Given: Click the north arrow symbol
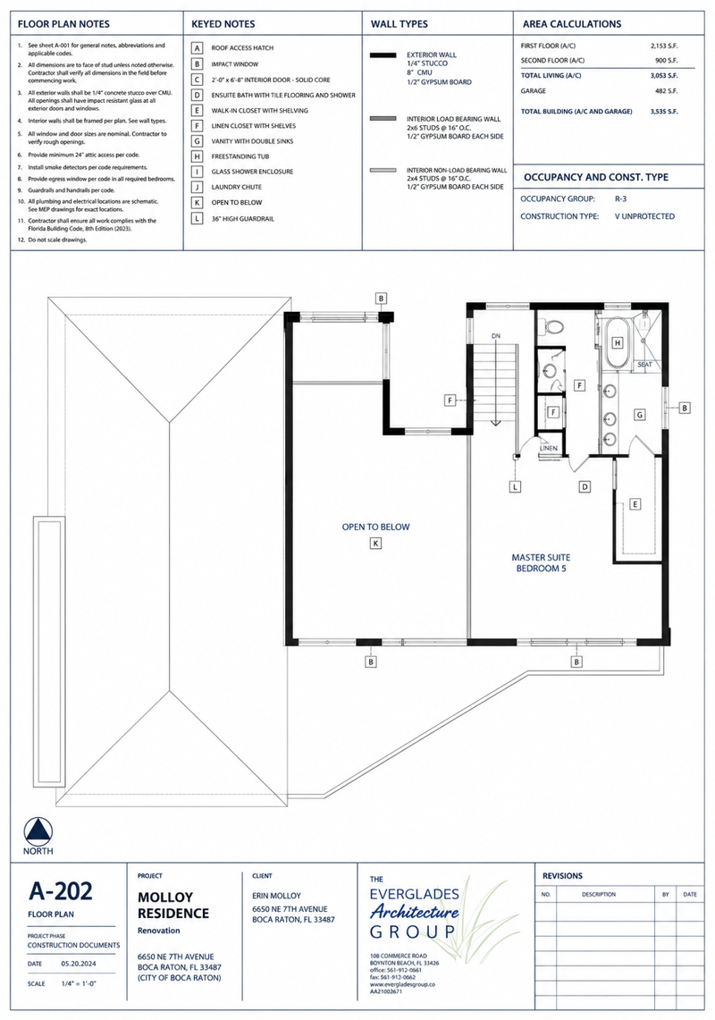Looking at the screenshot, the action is pyautogui.click(x=38, y=831).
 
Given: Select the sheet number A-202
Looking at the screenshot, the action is pyautogui.click(x=61, y=890).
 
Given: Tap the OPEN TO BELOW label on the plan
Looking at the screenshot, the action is pyautogui.click(x=376, y=527).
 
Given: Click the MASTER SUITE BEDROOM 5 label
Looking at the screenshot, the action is pyautogui.click(x=541, y=562).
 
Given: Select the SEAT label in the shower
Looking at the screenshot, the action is pyautogui.click(x=644, y=365).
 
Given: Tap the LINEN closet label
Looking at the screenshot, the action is pyautogui.click(x=549, y=448).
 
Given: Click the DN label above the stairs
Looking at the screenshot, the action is pyautogui.click(x=496, y=335).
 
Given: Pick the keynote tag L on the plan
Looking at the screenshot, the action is pyautogui.click(x=516, y=486).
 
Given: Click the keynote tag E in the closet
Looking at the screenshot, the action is pyautogui.click(x=635, y=504).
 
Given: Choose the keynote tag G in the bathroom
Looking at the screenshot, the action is pyautogui.click(x=640, y=415).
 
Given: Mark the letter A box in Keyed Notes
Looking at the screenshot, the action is pyautogui.click(x=198, y=48).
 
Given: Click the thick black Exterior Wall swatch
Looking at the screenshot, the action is pyautogui.click(x=383, y=55).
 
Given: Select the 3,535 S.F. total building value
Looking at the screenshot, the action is pyautogui.click(x=663, y=111).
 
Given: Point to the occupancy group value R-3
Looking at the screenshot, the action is pyautogui.click(x=620, y=199).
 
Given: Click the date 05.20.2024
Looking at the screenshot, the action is pyautogui.click(x=79, y=964).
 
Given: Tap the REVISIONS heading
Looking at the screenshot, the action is pyautogui.click(x=563, y=875).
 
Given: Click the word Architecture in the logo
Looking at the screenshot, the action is pyautogui.click(x=415, y=912).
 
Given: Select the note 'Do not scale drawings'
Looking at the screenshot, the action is pyautogui.click(x=57, y=240).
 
